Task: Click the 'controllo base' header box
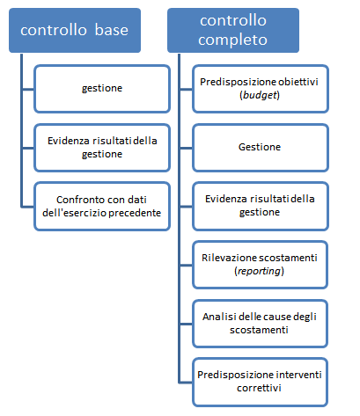click(75, 30)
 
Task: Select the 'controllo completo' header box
click(233, 30)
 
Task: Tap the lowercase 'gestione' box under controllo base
click(102, 89)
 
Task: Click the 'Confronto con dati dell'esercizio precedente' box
click(102, 206)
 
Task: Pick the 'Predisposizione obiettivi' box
click(261, 89)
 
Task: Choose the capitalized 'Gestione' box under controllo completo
click(261, 148)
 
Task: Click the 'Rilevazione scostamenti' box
click(260, 265)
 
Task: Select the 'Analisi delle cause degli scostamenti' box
click(260, 324)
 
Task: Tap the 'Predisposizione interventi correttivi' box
click(260, 382)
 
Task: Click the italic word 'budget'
click(260, 95)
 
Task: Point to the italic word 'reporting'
click(259, 271)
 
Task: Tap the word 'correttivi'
click(259, 388)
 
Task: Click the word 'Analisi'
click(219, 317)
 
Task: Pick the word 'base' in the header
click(112, 30)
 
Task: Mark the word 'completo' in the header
click(232, 40)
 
